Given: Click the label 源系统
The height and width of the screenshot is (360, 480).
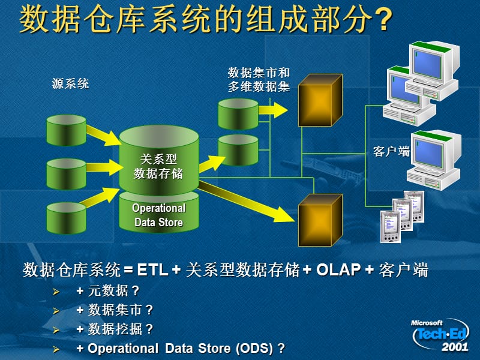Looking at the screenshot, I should (x=70, y=84).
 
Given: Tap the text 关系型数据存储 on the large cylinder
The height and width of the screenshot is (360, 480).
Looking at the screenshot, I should (x=158, y=166).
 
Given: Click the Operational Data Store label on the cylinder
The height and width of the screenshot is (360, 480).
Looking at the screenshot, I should (x=158, y=215).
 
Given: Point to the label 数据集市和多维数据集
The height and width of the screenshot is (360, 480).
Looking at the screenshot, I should (x=259, y=79).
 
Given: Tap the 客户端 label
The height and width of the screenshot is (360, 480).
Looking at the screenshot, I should (x=391, y=151).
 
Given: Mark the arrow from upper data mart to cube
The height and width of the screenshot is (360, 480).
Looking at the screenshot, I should (x=273, y=109).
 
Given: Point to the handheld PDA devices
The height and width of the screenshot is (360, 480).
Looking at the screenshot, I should (x=401, y=216).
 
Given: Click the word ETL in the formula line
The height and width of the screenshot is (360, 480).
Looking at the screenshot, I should (x=152, y=271).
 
